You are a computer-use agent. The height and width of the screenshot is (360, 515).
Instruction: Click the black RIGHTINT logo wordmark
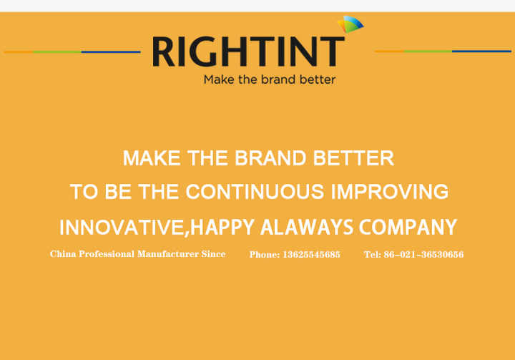coord(248,52)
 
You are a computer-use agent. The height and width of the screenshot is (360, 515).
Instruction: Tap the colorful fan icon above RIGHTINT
coord(350,24)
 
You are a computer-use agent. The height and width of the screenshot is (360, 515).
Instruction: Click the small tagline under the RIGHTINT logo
coord(270,79)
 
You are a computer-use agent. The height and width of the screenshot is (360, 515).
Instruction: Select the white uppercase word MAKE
coord(152,157)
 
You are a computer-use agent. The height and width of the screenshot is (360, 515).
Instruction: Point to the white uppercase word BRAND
coord(270,157)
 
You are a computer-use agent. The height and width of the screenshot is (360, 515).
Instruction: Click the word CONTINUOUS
coord(255,192)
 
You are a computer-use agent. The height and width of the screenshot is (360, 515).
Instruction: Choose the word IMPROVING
coord(390,192)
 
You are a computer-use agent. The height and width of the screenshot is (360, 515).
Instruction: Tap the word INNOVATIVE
coord(121,227)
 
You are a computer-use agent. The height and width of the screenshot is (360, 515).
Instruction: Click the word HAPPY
coord(222,227)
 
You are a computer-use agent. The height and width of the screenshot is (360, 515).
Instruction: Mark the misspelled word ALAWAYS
coord(307,227)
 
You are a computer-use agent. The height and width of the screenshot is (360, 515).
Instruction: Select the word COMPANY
coord(408,227)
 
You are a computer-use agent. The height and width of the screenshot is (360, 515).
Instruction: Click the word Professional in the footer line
coord(107,254)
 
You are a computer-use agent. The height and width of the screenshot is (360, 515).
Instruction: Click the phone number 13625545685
coord(311,255)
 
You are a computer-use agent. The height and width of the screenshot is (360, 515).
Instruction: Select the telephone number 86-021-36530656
coord(423,255)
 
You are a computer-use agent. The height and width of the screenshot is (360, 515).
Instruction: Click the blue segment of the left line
coord(111,52)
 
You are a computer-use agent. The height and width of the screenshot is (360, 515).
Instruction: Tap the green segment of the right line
coord(428,52)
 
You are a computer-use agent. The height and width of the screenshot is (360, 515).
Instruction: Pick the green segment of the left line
coord(57,52)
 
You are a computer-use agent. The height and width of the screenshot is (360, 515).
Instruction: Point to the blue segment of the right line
coord(482,52)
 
